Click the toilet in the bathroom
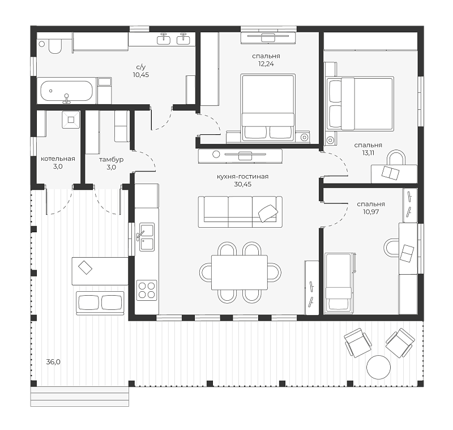(55, 46)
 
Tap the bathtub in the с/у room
(66, 91)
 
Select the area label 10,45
(141, 75)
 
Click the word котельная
(58, 159)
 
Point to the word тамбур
(111, 160)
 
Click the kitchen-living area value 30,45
(243, 184)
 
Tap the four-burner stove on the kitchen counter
(147, 290)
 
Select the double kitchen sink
(147, 237)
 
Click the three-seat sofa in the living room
(240, 212)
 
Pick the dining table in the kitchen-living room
(240, 272)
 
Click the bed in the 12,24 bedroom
(268, 108)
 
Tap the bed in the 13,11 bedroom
(360, 103)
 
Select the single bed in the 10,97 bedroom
(339, 283)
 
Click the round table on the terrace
(378, 367)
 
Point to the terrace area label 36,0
(53, 362)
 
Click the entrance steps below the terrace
(80, 397)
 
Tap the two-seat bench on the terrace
(100, 303)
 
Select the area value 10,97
(371, 212)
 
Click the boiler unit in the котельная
(71, 120)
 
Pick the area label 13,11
(368, 153)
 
